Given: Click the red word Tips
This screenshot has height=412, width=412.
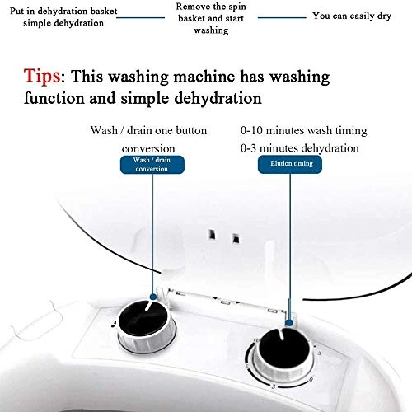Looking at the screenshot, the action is [x=42, y=76].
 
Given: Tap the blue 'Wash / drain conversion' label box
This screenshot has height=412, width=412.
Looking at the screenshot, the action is [x=152, y=165].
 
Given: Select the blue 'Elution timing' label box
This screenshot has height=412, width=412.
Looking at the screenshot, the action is [x=290, y=164].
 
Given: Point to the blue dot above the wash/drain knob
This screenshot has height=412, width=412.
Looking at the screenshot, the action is [x=153, y=297].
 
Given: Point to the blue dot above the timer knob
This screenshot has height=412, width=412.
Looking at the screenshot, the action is [x=288, y=323].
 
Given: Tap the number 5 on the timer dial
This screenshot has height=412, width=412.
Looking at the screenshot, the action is [x=246, y=367].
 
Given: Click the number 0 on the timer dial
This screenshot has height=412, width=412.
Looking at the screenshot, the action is [x=311, y=380].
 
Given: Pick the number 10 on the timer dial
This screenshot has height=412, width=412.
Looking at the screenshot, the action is [x=256, y=340].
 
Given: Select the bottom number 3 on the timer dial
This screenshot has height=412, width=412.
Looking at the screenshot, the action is [x=274, y=386].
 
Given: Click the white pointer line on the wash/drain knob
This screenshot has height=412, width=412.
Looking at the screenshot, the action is [x=149, y=306].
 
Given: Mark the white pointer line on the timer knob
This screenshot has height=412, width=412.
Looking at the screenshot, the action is [x=280, y=333].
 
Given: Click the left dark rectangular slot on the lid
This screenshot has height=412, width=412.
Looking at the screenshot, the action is [x=212, y=235].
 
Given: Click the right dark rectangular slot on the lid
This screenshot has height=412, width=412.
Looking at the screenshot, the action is [x=236, y=238].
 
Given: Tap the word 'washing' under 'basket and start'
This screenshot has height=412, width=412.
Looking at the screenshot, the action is [x=211, y=30].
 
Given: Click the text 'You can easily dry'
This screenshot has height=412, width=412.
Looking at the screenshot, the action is [x=352, y=16].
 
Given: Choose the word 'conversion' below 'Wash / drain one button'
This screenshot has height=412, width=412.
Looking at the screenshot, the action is [x=148, y=149].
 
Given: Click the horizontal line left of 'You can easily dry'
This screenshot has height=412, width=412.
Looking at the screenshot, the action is [x=282, y=18].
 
